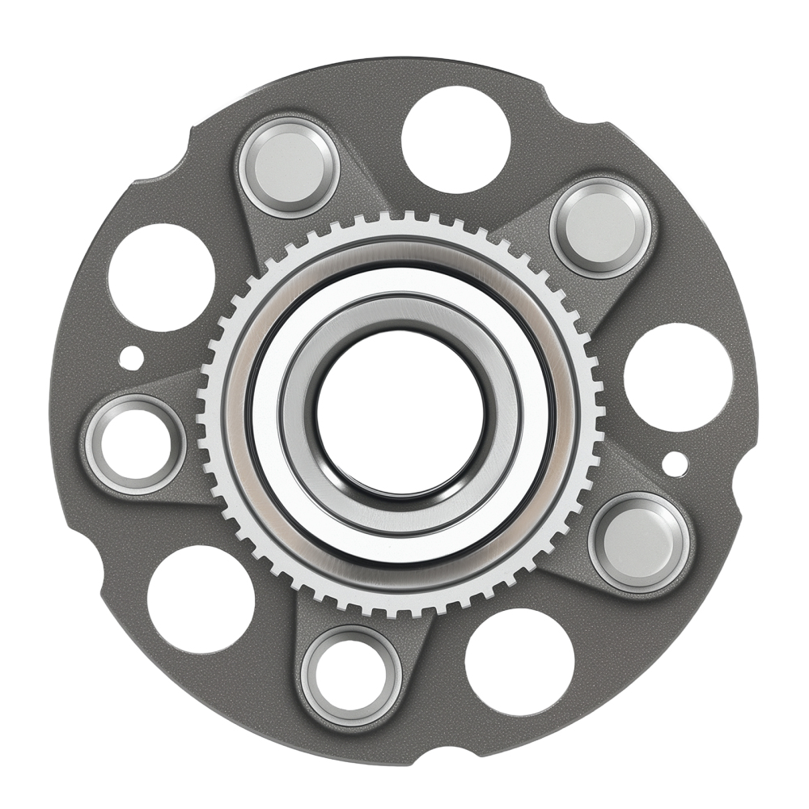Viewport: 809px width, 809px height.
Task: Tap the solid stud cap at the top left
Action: pos(289,166)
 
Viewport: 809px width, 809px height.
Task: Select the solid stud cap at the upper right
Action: pos(602,227)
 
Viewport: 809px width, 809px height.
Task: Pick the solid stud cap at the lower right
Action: pos(639,541)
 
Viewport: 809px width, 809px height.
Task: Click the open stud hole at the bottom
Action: pos(351,676)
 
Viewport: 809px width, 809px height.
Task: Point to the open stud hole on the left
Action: pos(135,444)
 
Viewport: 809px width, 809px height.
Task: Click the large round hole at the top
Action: pos(455,139)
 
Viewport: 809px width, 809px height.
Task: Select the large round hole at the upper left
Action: pos(161,277)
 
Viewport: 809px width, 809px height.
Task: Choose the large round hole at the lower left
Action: pos(201,599)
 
